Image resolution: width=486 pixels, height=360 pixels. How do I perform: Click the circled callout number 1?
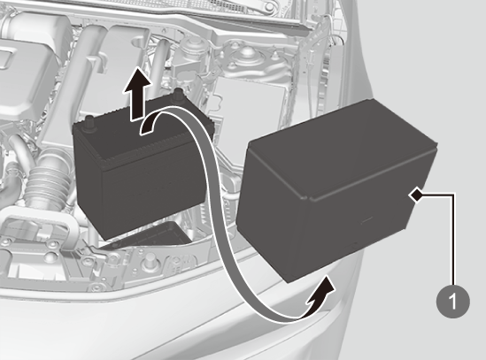point(453,301)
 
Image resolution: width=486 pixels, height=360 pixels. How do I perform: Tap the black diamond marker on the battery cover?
point(417,195)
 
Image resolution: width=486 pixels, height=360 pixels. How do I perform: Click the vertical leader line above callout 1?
point(453,239)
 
